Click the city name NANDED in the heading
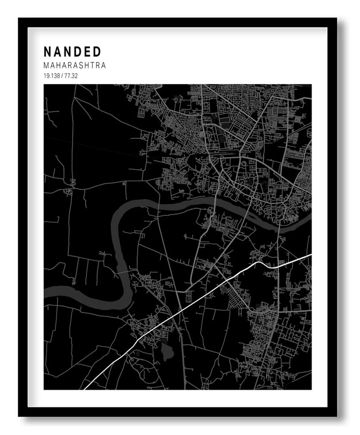click(x=72, y=52)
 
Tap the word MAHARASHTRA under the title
click(x=74, y=66)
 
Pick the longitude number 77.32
click(x=71, y=76)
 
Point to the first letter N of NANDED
click(x=47, y=52)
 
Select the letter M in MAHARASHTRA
click(x=46, y=66)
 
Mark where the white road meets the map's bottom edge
click(x=85, y=389)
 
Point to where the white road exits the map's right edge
click(x=311, y=254)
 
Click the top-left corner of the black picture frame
click(x=19, y=19)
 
